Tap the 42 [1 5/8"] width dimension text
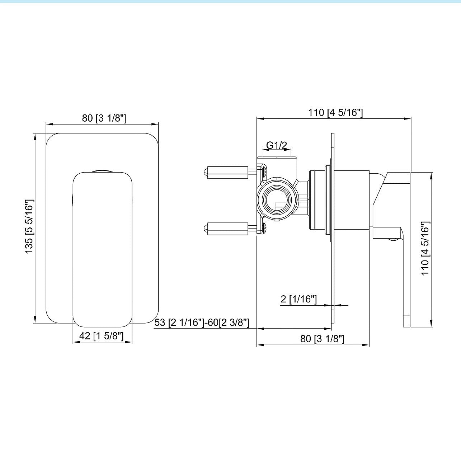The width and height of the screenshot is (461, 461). pos(102,336)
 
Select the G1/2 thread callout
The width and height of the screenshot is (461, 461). pos(277,145)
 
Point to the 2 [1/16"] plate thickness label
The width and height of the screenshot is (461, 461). pos(298,299)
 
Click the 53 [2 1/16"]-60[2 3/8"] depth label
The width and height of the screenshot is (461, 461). pos(202,323)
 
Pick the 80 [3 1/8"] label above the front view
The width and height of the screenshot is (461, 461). pos(104,118)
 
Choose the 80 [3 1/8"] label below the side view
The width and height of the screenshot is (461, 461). pos(322,339)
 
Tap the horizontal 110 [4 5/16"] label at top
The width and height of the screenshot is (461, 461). pos(335,112)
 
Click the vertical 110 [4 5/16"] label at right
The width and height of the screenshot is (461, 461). pos(425,248)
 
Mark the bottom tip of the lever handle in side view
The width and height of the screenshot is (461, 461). pos(407,326)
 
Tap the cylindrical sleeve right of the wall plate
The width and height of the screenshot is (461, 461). pos(352,200)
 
